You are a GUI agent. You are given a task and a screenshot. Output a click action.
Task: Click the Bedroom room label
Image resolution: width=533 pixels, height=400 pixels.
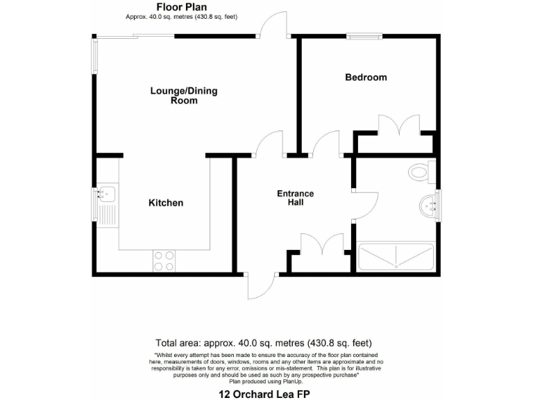pos(366,77)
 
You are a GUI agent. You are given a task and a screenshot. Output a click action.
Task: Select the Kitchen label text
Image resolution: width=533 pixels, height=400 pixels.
pos(166,203)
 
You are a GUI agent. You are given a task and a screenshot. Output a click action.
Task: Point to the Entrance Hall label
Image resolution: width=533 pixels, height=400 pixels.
pos(296,198)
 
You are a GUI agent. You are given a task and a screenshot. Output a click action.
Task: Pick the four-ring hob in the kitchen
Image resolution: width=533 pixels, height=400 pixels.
pos(164,260)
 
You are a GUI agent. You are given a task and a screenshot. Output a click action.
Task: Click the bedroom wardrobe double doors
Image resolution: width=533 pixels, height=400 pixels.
pos(398,125)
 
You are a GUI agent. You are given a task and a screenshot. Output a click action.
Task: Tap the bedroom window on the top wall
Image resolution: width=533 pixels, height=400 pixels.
pos(364,35)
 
